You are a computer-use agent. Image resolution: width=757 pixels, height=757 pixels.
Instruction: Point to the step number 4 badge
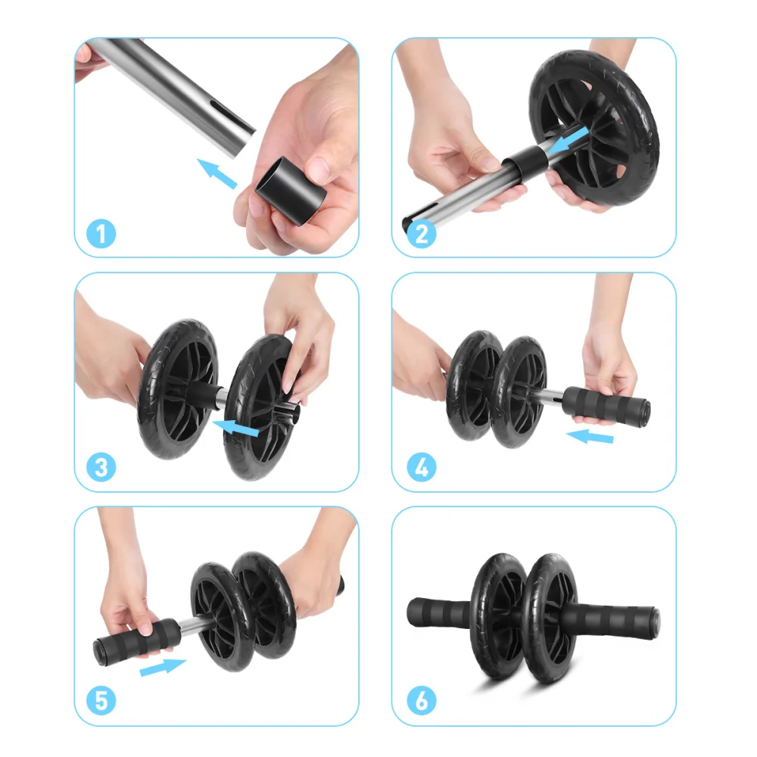422,467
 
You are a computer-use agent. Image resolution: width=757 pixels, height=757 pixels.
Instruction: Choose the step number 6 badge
422,701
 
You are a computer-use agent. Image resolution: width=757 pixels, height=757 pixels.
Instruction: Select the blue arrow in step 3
238,429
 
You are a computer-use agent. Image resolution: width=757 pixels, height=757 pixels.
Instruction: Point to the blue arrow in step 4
590,436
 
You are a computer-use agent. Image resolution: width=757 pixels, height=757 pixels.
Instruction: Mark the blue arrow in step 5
163,668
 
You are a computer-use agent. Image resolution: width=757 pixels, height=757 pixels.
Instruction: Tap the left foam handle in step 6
443,613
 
